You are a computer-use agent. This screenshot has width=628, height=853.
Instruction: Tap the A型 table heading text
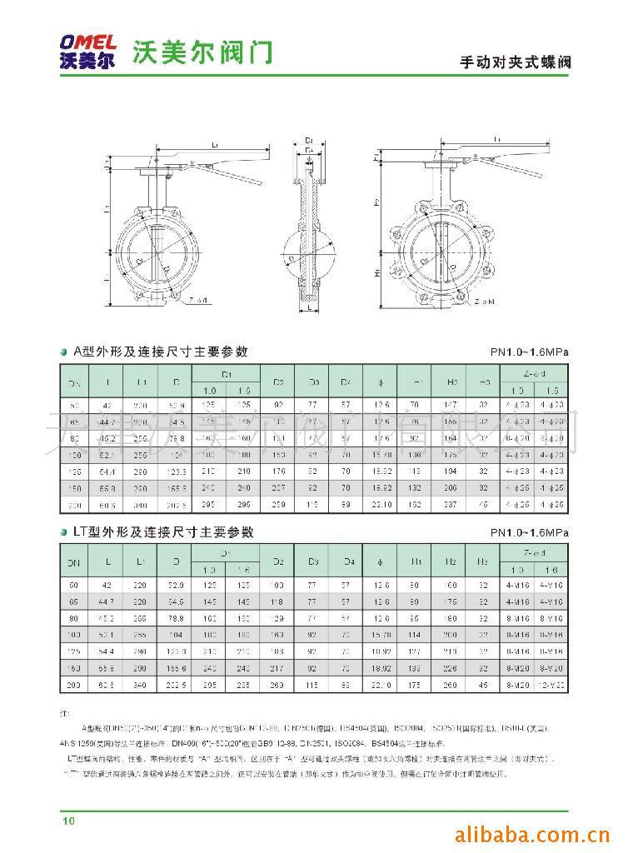[161, 352]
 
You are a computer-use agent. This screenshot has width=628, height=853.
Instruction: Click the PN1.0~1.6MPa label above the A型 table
[529, 353]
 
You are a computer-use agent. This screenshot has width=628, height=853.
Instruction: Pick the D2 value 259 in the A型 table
[279, 506]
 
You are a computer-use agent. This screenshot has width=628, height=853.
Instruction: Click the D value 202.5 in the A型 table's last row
[176, 506]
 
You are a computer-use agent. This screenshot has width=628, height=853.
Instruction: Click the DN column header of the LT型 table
[73, 563]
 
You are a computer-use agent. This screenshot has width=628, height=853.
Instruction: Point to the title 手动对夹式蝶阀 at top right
[516, 62]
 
